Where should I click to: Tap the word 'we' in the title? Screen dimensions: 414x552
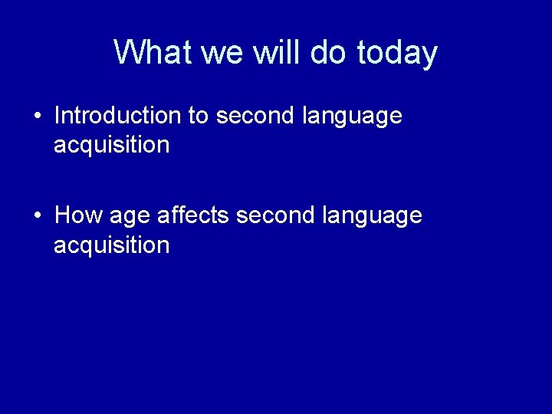pos(217,53)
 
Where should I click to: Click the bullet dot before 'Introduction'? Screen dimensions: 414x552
pos(38,117)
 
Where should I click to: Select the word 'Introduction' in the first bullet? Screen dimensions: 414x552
pos(117,116)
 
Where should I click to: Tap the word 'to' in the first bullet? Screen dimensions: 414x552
pos(198,117)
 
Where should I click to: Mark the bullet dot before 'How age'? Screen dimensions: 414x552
pos(38,216)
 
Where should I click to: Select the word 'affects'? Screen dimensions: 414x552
pos(193,215)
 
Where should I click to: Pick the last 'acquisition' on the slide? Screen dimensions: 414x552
pos(111,245)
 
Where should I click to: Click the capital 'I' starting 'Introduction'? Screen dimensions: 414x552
pos(58,116)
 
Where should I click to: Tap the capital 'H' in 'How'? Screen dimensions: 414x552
pos(62,215)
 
